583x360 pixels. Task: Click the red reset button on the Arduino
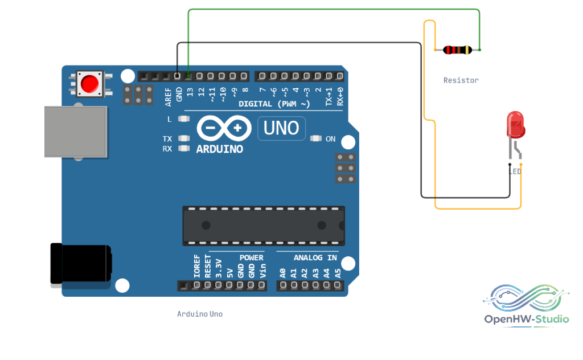[x=89, y=84]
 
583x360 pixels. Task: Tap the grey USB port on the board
[x=76, y=132]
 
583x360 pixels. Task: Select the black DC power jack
[x=81, y=263]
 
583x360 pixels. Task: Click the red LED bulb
[x=516, y=125]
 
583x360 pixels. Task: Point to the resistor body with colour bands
[x=458, y=50]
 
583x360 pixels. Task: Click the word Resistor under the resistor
[x=461, y=80]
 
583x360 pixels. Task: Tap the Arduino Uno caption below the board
[x=200, y=314]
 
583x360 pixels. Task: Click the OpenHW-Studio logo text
[x=527, y=319]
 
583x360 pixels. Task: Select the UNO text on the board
[x=281, y=128]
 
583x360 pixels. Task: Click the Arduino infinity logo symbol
[x=224, y=128]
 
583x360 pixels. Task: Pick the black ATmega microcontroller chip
[x=264, y=226]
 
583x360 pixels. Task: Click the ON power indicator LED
[x=315, y=139]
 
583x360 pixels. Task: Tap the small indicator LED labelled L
[x=184, y=119]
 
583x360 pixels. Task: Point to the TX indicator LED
[x=184, y=138]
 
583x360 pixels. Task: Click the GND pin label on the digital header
[x=179, y=95]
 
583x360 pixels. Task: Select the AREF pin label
[x=168, y=97]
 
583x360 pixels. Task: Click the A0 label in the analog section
[x=283, y=274]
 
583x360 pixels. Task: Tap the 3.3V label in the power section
[x=219, y=268]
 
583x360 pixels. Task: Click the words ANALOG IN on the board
[x=315, y=257]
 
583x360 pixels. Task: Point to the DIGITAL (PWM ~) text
[x=274, y=104]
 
